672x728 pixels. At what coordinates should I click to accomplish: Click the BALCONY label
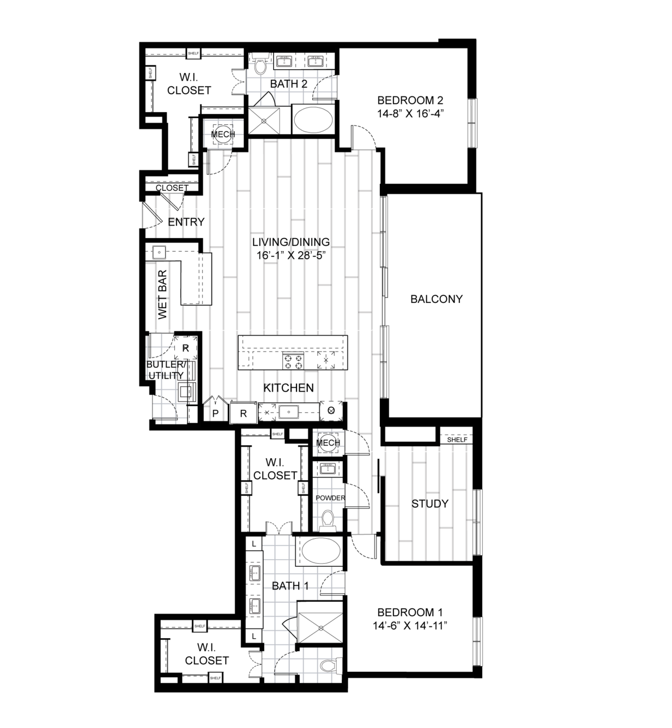[x=436, y=299]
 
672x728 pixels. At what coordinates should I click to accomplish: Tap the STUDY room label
[x=429, y=503]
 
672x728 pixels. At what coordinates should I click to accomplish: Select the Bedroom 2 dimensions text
[x=410, y=114]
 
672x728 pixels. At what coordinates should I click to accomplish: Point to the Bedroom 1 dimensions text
[x=410, y=626]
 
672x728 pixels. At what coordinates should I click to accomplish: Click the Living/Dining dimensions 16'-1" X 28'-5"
[x=291, y=255]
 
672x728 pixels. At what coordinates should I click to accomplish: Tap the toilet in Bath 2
[x=261, y=65]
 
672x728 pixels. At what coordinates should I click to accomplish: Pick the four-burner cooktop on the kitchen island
[x=293, y=360]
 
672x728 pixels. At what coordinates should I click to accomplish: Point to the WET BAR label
[x=162, y=295]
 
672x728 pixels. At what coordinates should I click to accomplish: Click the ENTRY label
[x=186, y=222]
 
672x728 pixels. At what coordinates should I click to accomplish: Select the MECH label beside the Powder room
[x=328, y=443]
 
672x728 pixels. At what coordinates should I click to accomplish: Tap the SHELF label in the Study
[x=457, y=440]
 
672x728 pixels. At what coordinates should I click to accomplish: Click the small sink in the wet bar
[x=159, y=252]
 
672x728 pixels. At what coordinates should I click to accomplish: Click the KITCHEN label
[x=288, y=387]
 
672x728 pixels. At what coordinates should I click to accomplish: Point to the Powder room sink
[x=327, y=469]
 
